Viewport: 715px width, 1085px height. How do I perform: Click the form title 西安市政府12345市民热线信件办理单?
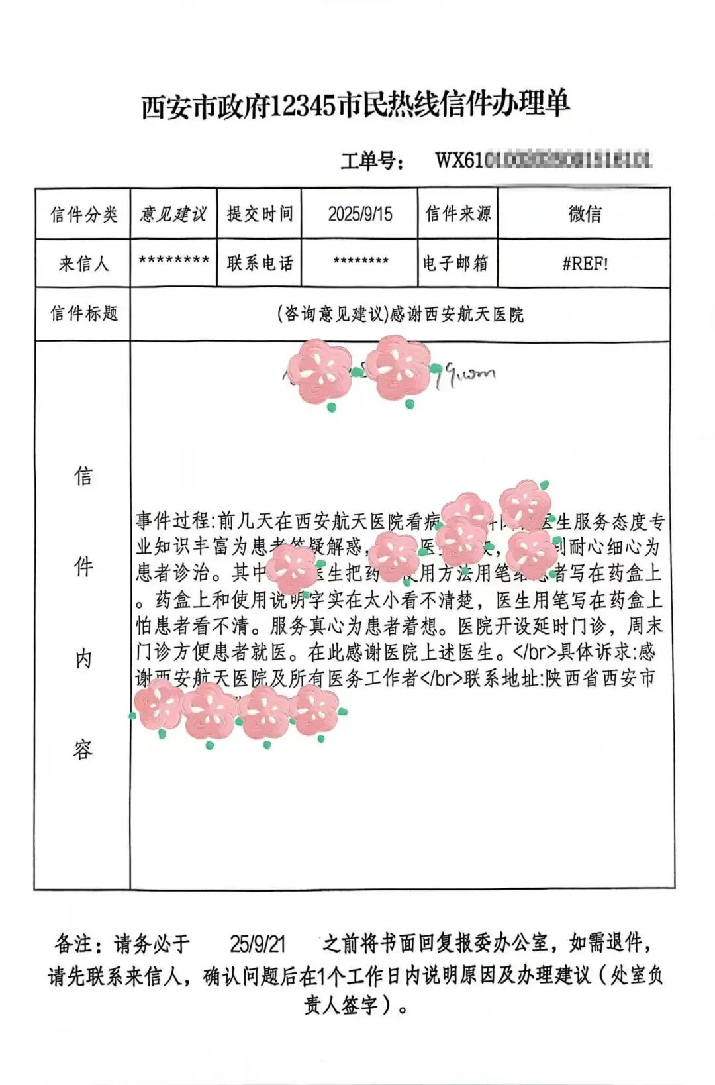coord(356,105)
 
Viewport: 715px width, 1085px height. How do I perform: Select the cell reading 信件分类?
coord(83,214)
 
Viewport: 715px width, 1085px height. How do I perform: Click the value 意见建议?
coord(173,214)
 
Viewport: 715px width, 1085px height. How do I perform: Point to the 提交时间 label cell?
coord(260,214)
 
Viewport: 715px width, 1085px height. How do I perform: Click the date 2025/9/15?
coord(360,214)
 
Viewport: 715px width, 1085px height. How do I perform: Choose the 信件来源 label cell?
coord(457,214)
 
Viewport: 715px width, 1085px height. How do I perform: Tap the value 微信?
coord(585,214)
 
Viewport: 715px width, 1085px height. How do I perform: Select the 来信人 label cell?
coord(83,264)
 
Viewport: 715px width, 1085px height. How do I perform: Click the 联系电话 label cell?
coord(260,264)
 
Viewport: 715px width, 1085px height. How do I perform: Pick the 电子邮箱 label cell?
coord(456,264)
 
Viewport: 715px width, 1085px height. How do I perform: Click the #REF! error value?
coord(585,264)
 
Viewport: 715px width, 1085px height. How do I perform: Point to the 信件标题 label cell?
coord(83,313)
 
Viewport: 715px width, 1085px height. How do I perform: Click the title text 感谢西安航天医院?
coord(457,314)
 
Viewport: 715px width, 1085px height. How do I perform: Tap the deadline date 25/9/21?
coord(258,943)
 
